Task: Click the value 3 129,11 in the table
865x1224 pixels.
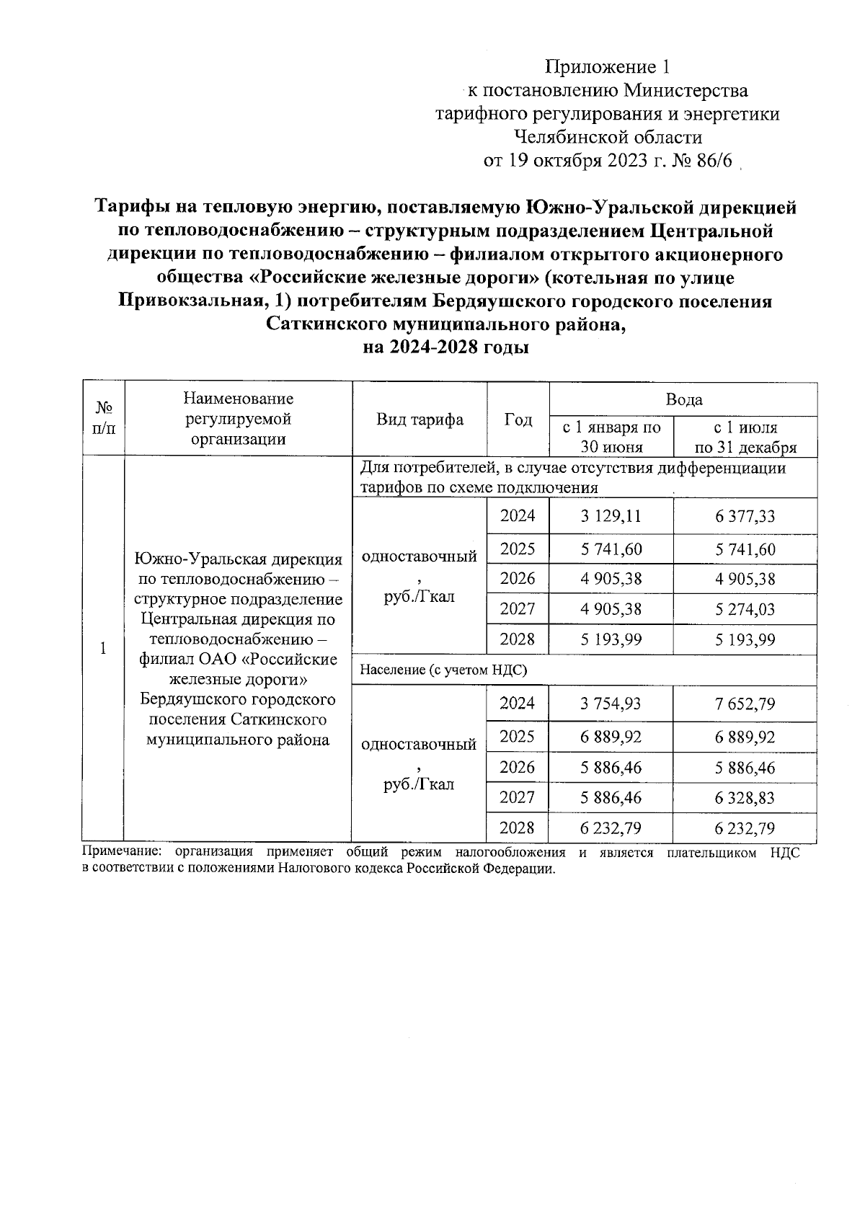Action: pyautogui.click(x=611, y=516)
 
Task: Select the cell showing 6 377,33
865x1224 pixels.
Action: pyautogui.click(x=745, y=516)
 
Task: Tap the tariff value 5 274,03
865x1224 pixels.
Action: pyautogui.click(x=745, y=609)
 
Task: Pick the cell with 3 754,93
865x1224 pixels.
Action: pyautogui.click(x=611, y=704)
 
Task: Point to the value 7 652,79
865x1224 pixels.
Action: pyautogui.click(x=745, y=704)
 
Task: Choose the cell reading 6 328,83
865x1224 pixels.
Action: pyautogui.click(x=745, y=797)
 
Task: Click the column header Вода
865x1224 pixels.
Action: pyautogui.click(x=683, y=399)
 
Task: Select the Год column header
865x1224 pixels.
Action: pyautogui.click(x=518, y=420)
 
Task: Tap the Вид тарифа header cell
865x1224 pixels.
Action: pyautogui.click(x=420, y=420)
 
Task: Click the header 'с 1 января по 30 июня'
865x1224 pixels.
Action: pyautogui.click(x=611, y=437)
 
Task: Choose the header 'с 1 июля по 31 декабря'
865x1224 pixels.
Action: pyautogui.click(x=745, y=437)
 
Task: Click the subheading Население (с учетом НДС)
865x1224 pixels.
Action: pyautogui.click(x=443, y=670)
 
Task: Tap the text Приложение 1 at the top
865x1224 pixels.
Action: pyautogui.click(x=608, y=67)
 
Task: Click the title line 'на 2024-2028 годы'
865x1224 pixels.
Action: pyautogui.click(x=445, y=347)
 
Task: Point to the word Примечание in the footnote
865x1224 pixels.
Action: pyautogui.click(x=117, y=853)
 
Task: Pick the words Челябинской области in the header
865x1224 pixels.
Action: pyautogui.click(x=608, y=137)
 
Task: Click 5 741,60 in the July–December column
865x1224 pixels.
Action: pyautogui.click(x=745, y=549)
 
